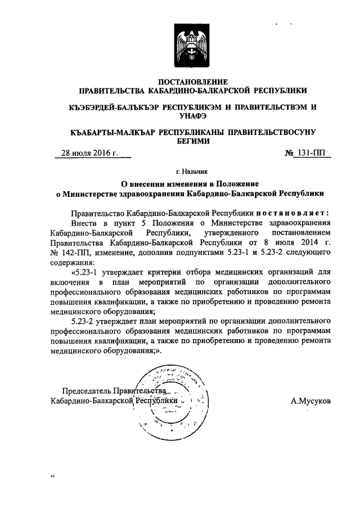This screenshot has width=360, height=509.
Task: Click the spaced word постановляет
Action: tap(289, 214)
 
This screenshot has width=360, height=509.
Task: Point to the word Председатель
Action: tap(86, 390)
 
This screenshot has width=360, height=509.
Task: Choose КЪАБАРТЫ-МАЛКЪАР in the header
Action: tap(107, 132)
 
